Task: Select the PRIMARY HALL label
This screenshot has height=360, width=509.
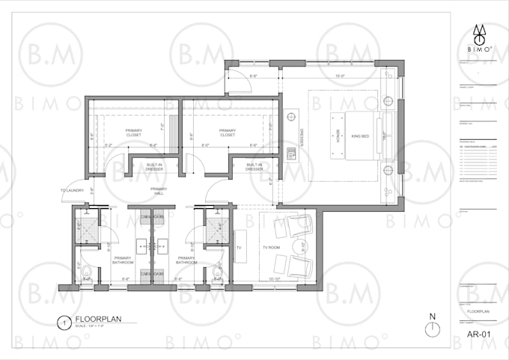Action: (x=158, y=191)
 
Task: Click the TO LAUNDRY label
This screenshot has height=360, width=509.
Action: (x=73, y=191)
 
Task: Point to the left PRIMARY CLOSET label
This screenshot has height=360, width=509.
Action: (x=133, y=133)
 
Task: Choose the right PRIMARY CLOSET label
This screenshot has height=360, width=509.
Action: (x=228, y=133)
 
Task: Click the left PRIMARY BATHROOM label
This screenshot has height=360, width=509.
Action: (x=124, y=260)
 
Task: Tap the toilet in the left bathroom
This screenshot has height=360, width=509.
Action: (x=85, y=269)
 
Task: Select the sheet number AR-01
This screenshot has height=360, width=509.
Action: (x=478, y=334)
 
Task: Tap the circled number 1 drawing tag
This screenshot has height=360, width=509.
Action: (x=66, y=323)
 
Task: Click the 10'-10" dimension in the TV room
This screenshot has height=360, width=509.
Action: (x=274, y=279)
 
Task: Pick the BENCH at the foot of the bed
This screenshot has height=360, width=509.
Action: (x=338, y=135)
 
